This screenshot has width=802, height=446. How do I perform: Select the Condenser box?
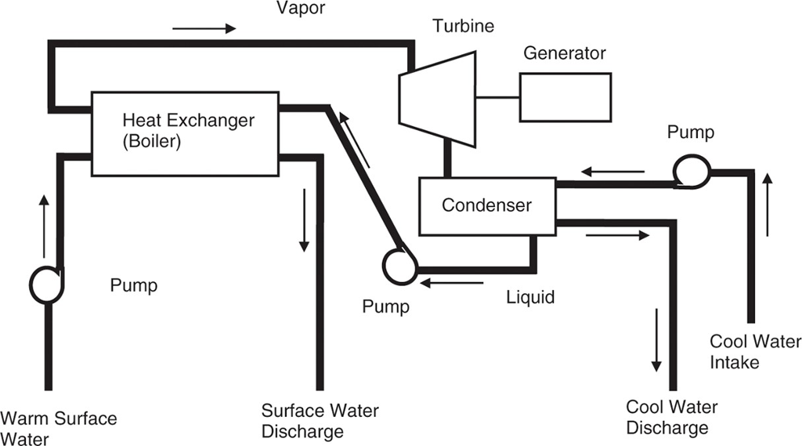pyautogui.click(x=486, y=206)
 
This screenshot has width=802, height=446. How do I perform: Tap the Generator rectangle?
pyautogui.click(x=565, y=97)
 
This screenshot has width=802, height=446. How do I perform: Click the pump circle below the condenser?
pyautogui.click(x=399, y=265)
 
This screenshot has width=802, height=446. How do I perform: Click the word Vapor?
pyautogui.click(x=301, y=9)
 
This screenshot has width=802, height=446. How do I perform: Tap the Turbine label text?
pyautogui.click(x=464, y=27)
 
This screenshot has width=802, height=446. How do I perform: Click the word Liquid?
pyautogui.click(x=530, y=297)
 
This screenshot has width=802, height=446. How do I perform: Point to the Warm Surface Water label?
pyautogui.click(x=60, y=428)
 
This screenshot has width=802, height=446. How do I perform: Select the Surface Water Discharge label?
pyautogui.click(x=320, y=421)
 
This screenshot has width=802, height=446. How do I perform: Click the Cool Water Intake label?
pyautogui.click(x=755, y=352)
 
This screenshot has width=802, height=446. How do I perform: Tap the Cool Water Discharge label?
pyautogui.click(x=671, y=417)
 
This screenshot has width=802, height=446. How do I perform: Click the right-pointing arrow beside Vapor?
pyautogui.click(x=204, y=29)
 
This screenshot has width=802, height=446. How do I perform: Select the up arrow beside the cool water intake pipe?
pyautogui.click(x=768, y=205)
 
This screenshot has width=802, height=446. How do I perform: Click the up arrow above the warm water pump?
pyautogui.click(x=44, y=227)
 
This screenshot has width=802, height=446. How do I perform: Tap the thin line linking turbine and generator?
pyautogui.click(x=498, y=97)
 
